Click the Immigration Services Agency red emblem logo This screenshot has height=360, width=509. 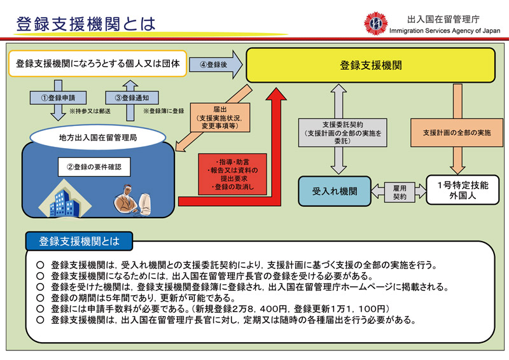376,24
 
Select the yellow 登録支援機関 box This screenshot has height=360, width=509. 370,65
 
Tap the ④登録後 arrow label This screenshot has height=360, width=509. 213,64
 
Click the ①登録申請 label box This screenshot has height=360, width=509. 58,97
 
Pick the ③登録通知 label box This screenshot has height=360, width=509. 132,97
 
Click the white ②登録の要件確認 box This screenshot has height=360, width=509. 94,167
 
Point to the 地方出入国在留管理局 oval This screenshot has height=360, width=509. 98,137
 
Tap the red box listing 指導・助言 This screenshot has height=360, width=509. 232,174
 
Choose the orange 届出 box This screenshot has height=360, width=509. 220,117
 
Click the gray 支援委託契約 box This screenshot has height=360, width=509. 343,132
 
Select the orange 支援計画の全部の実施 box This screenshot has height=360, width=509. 457,132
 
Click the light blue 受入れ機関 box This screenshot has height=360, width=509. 335,191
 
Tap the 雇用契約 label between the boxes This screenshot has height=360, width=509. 400,192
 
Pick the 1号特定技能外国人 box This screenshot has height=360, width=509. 463,190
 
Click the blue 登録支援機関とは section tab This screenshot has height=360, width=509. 79,241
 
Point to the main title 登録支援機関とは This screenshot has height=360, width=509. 86,24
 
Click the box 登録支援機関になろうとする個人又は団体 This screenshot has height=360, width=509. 98,64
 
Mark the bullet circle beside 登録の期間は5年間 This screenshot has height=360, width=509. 40,298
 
